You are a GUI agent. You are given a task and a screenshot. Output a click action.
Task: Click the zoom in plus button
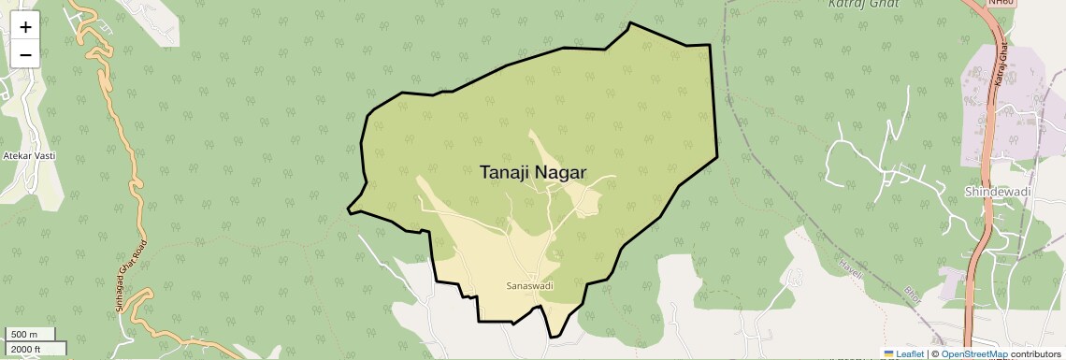point(25,27)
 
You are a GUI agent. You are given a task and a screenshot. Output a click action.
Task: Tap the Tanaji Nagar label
point(532,173)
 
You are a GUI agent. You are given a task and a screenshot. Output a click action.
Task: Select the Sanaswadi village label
point(523,284)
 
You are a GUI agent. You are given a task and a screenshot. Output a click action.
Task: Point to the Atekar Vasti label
point(30,155)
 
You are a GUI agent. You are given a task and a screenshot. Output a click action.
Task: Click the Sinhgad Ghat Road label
point(132,265)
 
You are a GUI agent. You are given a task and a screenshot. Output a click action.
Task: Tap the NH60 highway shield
point(1001,3)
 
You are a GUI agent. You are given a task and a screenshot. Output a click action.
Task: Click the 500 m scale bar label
point(24,335)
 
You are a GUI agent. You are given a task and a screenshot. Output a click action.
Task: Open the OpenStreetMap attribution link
point(973,354)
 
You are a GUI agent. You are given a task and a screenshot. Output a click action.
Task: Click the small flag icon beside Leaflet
point(889,354)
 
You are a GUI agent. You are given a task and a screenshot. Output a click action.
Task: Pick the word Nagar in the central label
point(559,173)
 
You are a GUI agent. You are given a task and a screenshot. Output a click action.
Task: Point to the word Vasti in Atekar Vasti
point(44,155)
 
